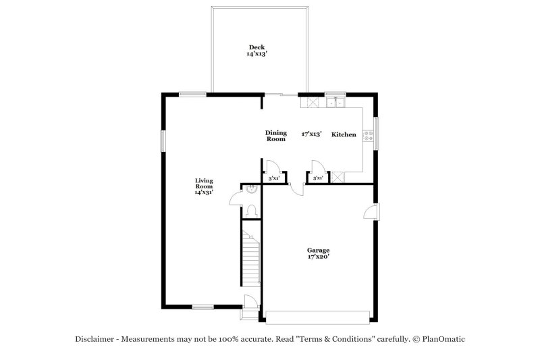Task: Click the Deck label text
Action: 256,47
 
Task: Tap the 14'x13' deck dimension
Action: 256,54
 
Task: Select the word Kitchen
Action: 344,135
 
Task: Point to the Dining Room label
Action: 276,136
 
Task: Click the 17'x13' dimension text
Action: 311,134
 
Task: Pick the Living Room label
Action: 204,183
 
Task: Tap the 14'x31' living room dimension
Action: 204,192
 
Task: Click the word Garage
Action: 318,250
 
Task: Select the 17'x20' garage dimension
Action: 318,257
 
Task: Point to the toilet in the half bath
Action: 250,211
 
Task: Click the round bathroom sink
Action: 251,189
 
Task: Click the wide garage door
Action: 318,315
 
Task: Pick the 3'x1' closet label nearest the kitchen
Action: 317,178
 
